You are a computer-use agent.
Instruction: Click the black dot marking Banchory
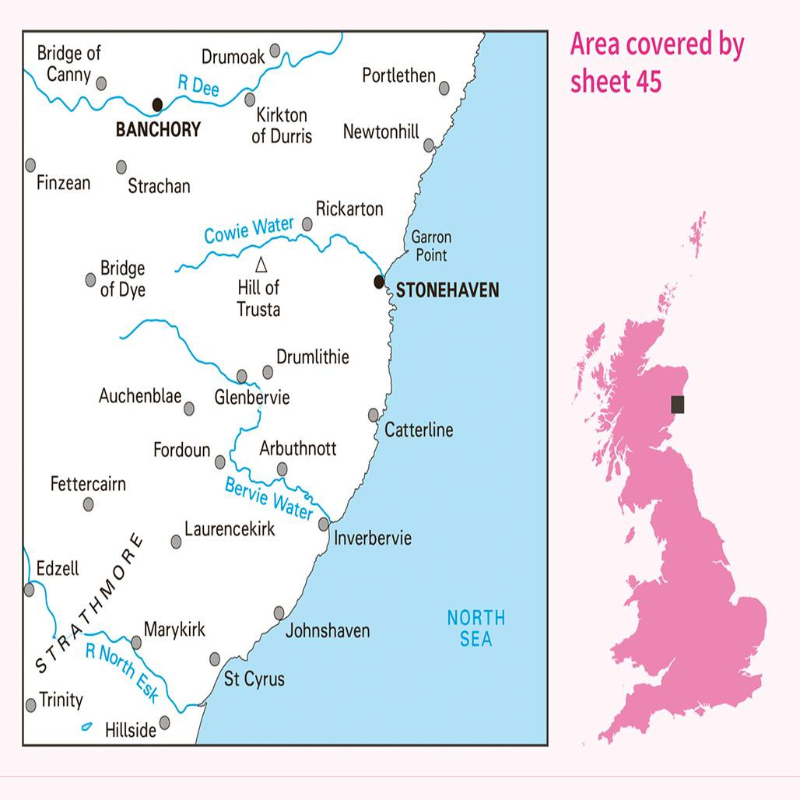tap(157, 104)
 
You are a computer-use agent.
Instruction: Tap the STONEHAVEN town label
tap(447, 291)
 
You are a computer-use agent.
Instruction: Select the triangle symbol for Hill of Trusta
tap(261, 264)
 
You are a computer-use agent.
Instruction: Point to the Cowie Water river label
tap(249, 230)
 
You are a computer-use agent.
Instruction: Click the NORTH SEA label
tap(475, 628)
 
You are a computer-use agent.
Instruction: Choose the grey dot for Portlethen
tap(444, 89)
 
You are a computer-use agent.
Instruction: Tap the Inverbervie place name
tap(373, 539)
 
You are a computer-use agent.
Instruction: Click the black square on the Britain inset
tap(678, 404)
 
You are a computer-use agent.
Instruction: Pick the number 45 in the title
tap(647, 80)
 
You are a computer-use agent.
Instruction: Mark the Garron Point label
tap(431, 246)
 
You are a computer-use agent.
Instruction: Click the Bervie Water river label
tap(268, 498)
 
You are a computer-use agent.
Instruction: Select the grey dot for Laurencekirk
tap(177, 542)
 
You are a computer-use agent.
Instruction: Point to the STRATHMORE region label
tap(89, 604)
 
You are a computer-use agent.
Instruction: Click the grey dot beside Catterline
tap(374, 415)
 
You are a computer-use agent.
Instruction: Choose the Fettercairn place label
tap(88, 484)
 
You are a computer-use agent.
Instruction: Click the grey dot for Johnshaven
tap(279, 613)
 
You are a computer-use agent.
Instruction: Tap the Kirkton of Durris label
tap(281, 125)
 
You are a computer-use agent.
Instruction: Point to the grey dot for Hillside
tap(164, 722)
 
